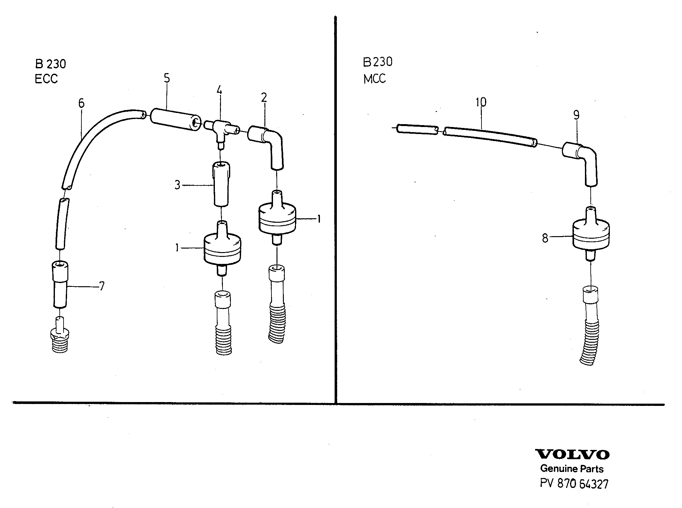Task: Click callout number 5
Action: (x=167, y=78)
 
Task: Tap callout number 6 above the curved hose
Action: (x=81, y=103)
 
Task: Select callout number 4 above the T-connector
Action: (x=219, y=90)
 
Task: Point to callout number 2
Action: (x=264, y=98)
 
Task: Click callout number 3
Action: (x=178, y=185)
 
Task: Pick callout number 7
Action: (x=102, y=286)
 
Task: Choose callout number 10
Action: (x=481, y=102)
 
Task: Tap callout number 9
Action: (x=576, y=115)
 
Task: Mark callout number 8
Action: (x=545, y=238)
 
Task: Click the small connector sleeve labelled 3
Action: (x=221, y=184)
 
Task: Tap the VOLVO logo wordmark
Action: (x=572, y=454)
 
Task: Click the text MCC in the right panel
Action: (x=375, y=78)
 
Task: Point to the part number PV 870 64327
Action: (x=574, y=484)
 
